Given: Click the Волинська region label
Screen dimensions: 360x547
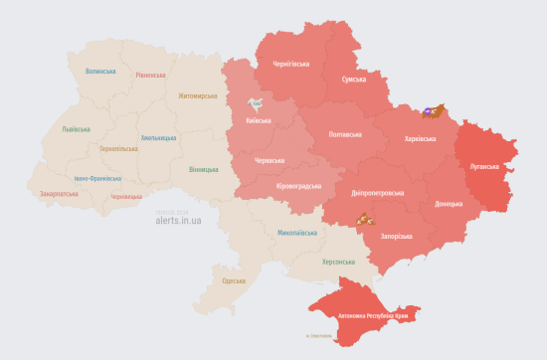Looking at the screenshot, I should coord(101,72).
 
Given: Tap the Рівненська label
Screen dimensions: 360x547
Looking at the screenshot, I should coord(151,75).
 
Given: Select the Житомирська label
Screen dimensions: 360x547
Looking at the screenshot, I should coord(197,96).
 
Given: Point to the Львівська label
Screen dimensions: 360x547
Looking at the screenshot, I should coord(77,129).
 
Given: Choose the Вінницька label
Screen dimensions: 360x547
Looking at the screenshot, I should coord(205,169).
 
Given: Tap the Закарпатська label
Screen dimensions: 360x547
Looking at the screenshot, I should coord(60,194).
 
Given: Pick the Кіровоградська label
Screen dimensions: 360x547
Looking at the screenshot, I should coord(297,186).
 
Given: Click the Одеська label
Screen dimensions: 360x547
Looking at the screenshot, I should coord(234,281).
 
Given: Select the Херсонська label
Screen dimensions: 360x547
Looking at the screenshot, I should coord(338,262).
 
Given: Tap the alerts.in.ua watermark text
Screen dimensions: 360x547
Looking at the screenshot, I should coord(178,220).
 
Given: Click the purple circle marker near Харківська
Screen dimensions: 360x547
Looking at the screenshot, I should coord(427,110).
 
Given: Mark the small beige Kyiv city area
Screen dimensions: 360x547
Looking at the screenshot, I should coord(257,103).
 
